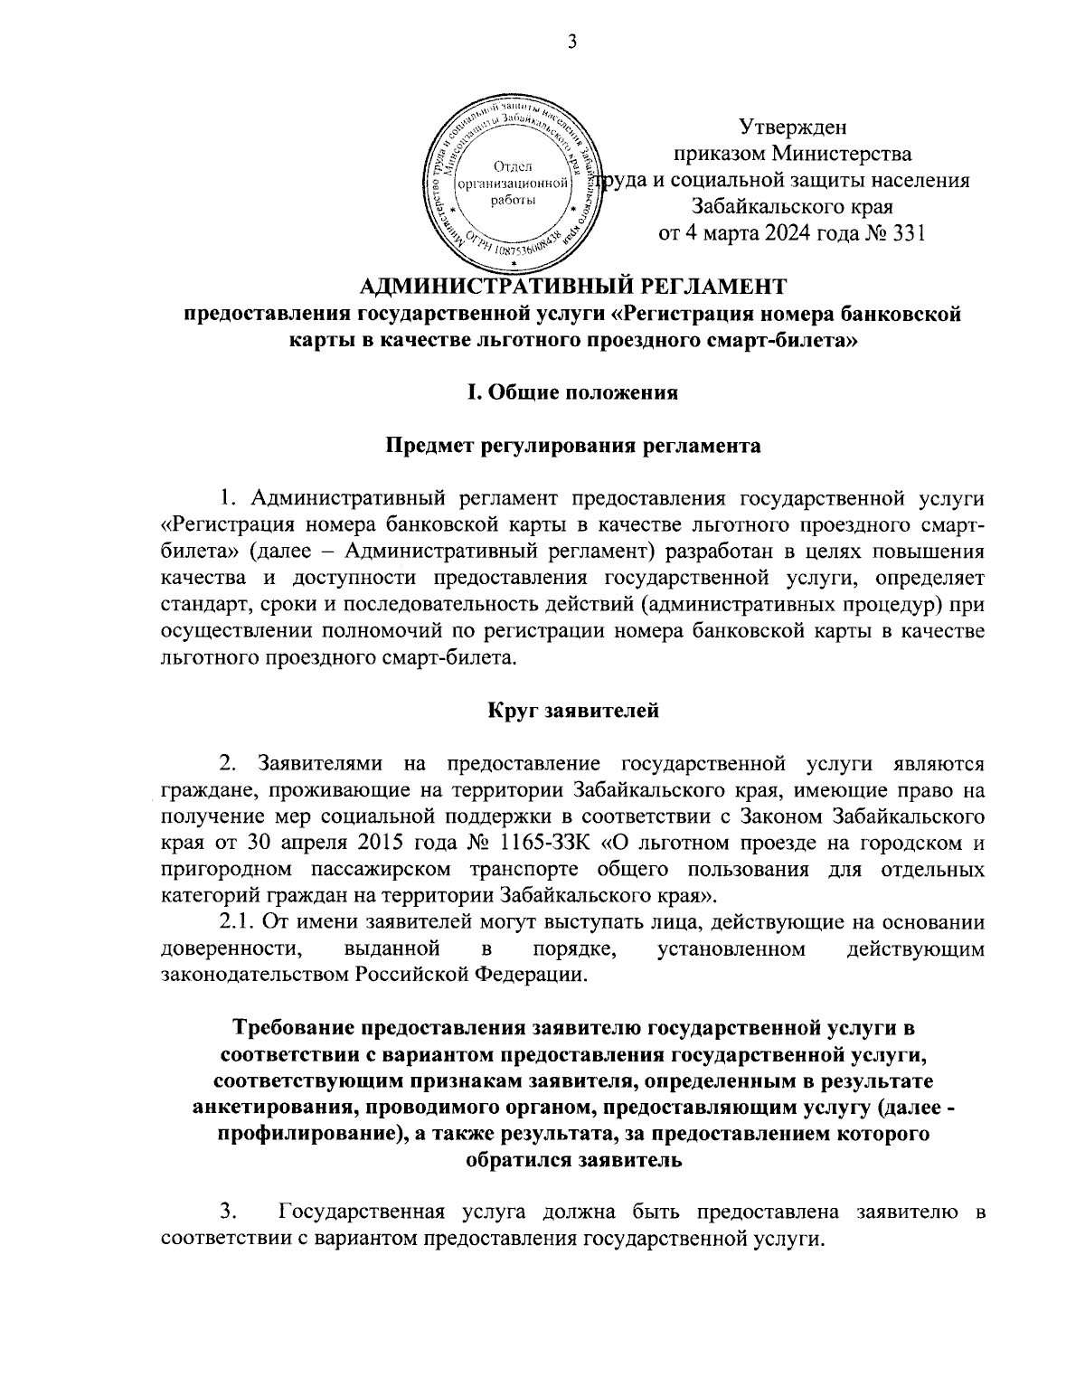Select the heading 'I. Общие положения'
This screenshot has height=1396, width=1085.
point(571,392)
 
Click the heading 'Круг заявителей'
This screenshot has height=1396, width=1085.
point(573,710)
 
